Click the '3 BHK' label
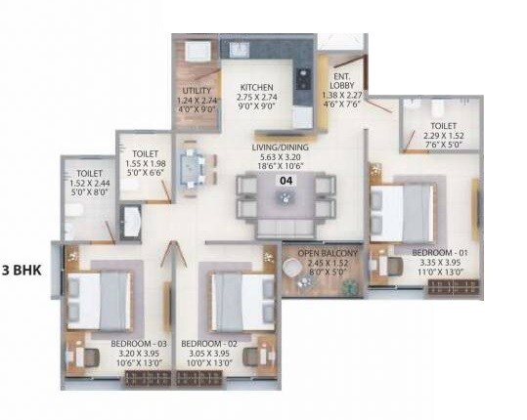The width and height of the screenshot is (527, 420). click(22, 271)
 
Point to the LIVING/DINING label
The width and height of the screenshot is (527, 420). click(285, 147)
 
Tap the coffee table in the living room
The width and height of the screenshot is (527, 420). click(285, 195)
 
